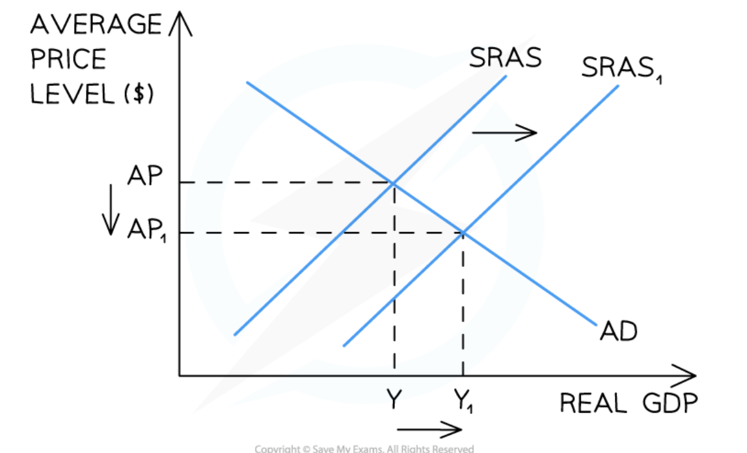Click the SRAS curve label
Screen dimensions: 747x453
(505, 58)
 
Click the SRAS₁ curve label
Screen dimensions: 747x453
(617, 68)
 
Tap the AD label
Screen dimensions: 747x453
(618, 331)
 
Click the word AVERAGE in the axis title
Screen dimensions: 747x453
(95, 25)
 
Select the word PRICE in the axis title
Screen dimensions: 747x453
(68, 60)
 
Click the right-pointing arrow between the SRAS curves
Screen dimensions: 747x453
(504, 133)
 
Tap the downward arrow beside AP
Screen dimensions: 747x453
(111, 208)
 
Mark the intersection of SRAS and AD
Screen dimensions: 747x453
(393, 183)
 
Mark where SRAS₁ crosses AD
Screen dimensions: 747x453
(463, 232)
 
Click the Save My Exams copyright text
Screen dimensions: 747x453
(364, 448)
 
